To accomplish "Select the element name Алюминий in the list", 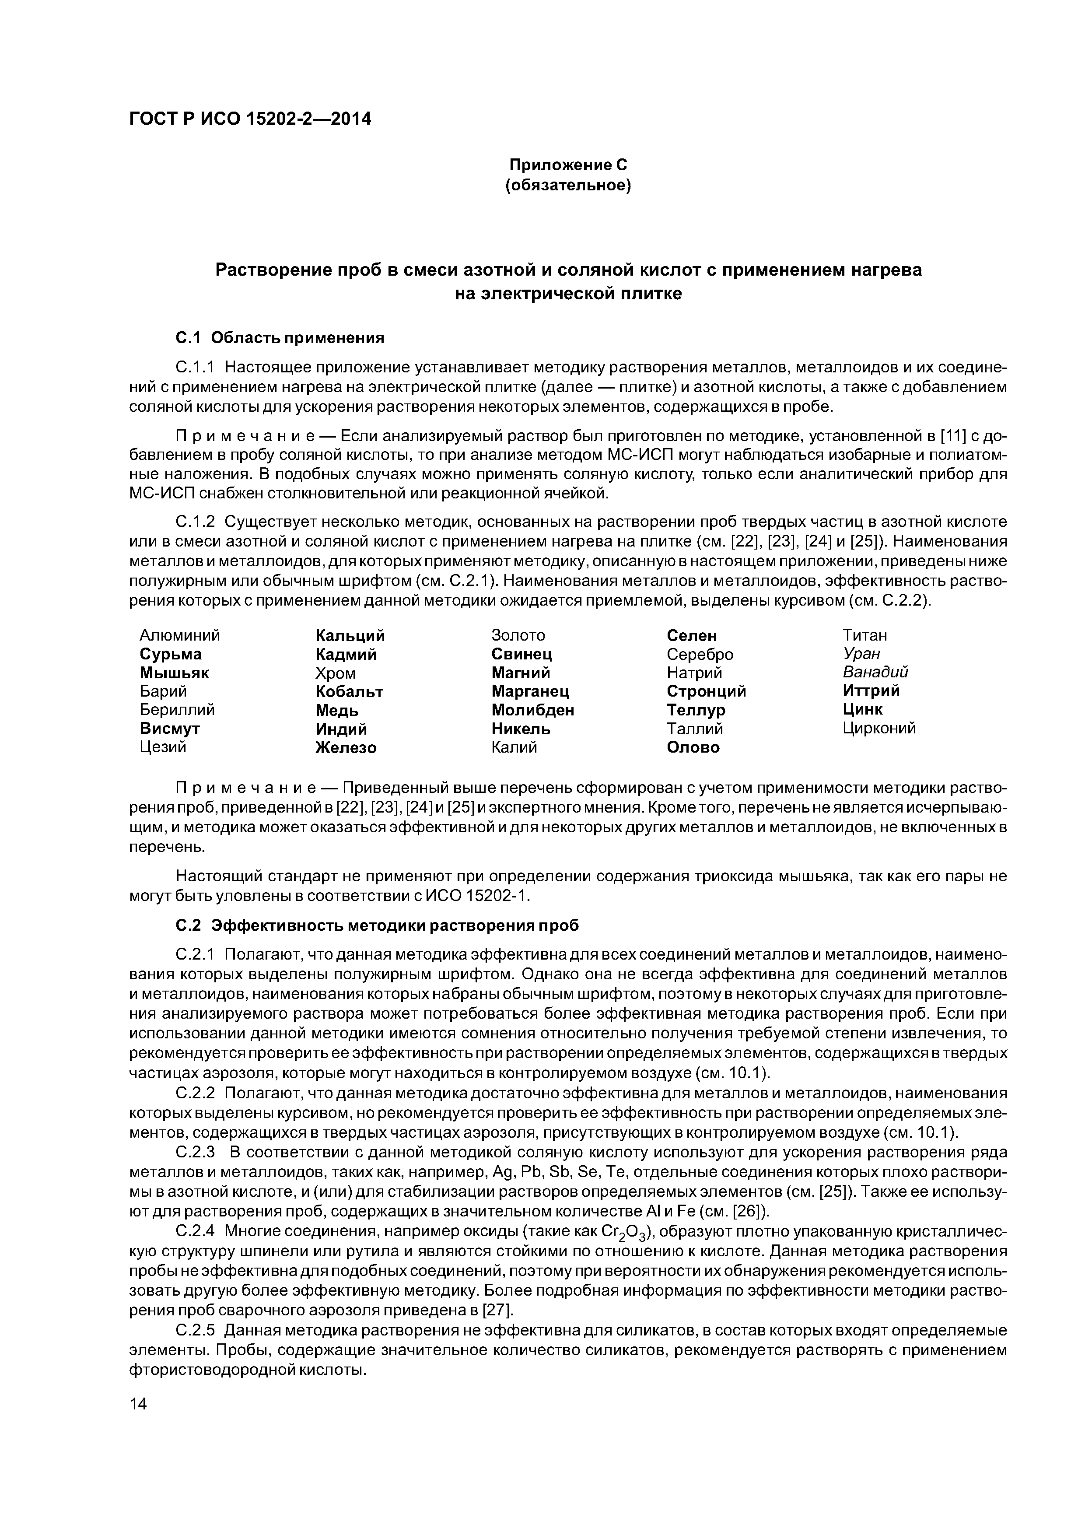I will point(180,635).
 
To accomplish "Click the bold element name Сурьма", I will point(171,654).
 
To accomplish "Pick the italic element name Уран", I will point(861,653).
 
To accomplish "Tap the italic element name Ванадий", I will point(875,672).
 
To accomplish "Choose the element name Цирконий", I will point(879,728).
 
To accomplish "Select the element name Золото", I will point(518,635).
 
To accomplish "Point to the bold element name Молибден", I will point(533,709).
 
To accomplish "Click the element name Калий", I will point(514,747).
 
